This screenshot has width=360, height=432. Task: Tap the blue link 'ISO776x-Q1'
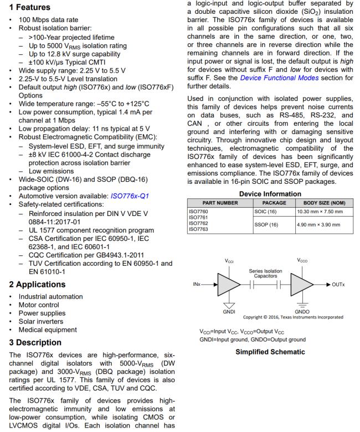(x=130, y=195)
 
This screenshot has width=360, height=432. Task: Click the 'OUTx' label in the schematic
(x=342, y=285)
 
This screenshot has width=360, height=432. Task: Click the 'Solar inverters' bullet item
(x=32, y=326)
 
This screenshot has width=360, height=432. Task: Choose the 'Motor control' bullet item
(x=30, y=306)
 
